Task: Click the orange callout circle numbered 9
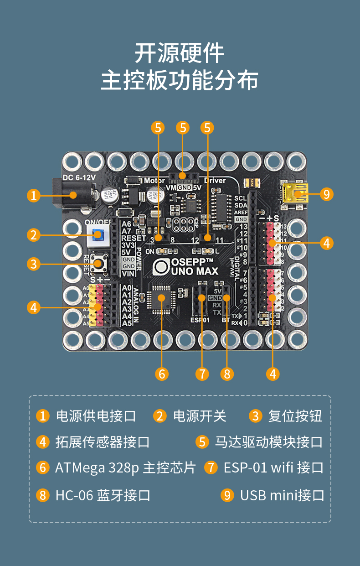[x=326, y=194]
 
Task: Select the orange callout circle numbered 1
[x=33, y=196]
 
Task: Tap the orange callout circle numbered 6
[x=161, y=374]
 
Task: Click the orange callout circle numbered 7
[x=202, y=374]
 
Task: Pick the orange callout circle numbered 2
[x=33, y=235]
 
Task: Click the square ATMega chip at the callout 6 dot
[x=161, y=297]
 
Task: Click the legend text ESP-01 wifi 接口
[x=273, y=468]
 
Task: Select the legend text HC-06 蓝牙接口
[x=103, y=495]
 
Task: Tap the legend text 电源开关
[x=200, y=416]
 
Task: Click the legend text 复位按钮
[x=295, y=416]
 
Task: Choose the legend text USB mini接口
[x=282, y=495]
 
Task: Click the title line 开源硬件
[x=180, y=54]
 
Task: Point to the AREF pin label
[x=241, y=213]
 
